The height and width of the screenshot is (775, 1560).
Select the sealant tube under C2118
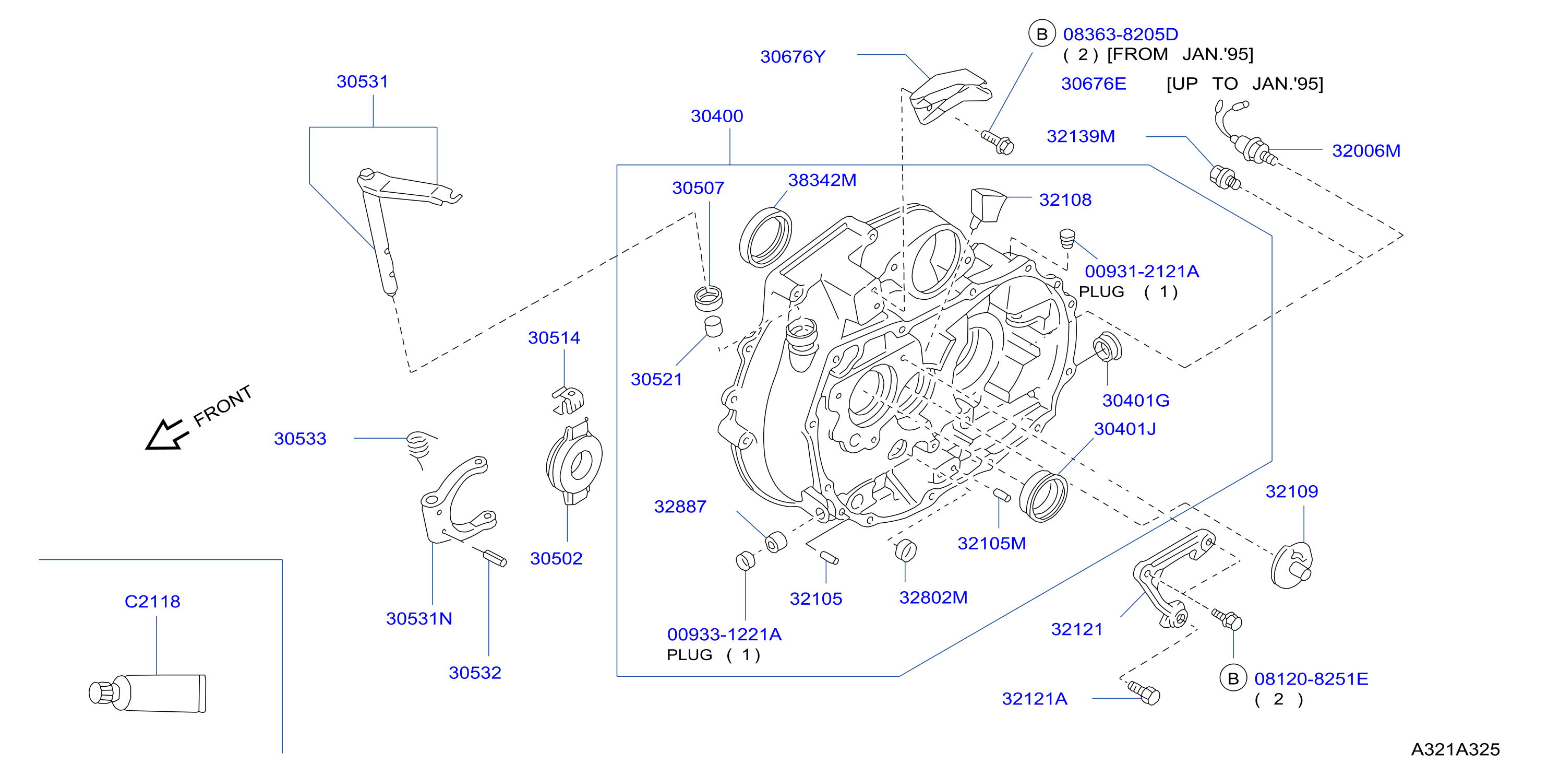[147, 692]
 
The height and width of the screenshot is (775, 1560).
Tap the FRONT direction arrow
[166, 434]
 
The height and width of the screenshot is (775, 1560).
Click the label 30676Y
[793, 56]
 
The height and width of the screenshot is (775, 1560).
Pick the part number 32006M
[1366, 150]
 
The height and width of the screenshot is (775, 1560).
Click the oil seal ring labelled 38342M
[765, 237]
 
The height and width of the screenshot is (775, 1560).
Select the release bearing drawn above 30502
[574, 464]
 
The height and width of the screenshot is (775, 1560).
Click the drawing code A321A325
[1455, 749]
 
